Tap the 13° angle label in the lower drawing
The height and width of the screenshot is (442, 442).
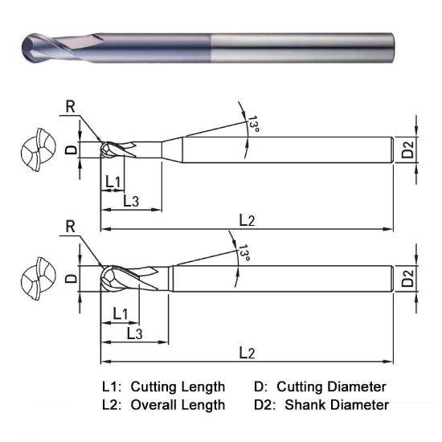click(244, 255)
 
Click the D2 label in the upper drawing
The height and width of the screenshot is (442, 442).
click(407, 149)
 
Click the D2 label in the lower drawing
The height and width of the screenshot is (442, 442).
click(407, 280)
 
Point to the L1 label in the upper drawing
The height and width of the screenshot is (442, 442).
click(113, 182)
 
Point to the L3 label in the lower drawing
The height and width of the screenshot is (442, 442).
click(133, 332)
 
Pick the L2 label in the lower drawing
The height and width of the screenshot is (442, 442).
click(249, 353)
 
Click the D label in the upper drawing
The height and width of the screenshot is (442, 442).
click(70, 149)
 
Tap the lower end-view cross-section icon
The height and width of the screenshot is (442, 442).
click(37, 280)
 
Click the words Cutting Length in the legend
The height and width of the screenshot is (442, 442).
click(178, 387)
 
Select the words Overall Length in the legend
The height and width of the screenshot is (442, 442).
click(178, 404)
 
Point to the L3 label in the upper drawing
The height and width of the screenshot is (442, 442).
click(133, 201)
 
